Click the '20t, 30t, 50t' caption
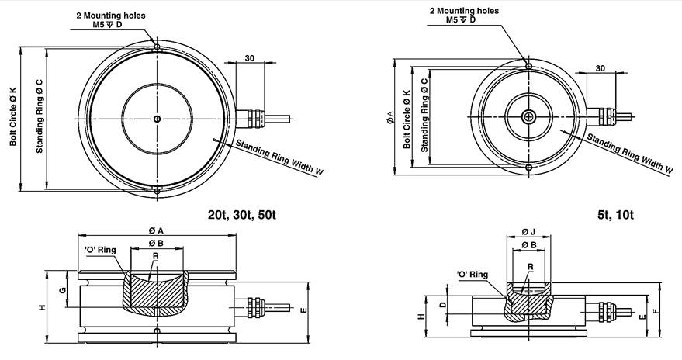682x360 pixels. click(242, 215)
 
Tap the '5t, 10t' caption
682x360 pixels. click(615, 215)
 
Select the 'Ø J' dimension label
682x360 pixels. click(528, 232)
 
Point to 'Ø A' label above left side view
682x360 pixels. click(155, 230)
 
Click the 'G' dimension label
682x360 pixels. click(64, 289)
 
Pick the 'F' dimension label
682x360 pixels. click(656, 311)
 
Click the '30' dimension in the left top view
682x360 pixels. click(250, 58)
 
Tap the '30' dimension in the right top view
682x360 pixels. click(601, 68)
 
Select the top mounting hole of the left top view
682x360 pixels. click(157, 47)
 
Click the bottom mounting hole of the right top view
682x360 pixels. click(528, 168)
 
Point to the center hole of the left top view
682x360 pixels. click(157, 119)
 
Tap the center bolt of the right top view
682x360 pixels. click(528, 116)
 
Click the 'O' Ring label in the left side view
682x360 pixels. click(100, 250)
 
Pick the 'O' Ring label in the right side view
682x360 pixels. click(473, 275)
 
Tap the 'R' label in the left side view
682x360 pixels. click(155, 257)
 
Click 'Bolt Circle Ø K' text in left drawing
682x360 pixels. click(13, 116)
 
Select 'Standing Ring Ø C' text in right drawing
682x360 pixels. click(424, 116)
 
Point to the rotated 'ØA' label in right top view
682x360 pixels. click(389, 117)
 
